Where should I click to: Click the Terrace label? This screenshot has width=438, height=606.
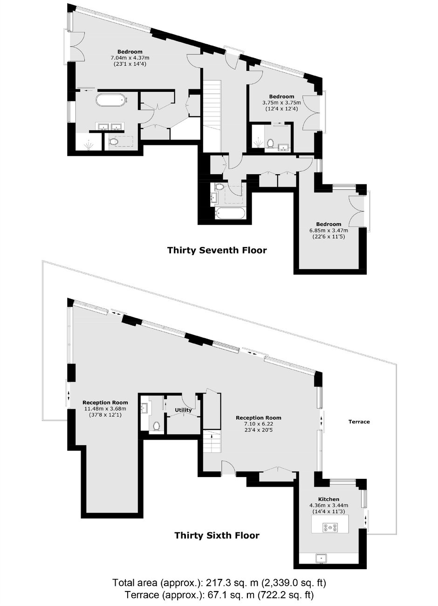(359, 422)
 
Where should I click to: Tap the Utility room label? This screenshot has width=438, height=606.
(183, 410)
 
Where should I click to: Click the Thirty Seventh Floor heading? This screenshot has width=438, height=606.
(217, 250)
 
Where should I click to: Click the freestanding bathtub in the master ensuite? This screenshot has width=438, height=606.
(111, 100)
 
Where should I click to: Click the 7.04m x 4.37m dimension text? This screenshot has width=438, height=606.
(130, 58)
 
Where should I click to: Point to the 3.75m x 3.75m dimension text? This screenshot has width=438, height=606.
(281, 103)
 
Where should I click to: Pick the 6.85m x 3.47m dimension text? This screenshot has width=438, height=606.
(328, 231)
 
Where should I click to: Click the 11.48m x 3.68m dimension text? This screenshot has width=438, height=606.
(105, 409)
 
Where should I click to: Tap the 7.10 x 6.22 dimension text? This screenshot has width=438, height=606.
(259, 424)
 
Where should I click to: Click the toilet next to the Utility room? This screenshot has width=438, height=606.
(157, 426)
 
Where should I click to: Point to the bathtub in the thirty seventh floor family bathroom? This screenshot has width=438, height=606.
(230, 214)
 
